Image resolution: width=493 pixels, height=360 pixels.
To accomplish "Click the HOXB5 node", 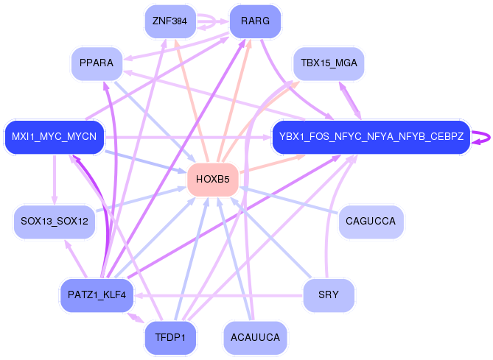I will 213,180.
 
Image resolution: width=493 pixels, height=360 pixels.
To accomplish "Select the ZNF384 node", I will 169,21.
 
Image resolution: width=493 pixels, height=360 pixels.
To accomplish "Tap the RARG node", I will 255,21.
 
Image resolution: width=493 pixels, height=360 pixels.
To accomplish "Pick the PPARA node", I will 97,63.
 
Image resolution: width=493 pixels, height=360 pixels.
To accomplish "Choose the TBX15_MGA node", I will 329,63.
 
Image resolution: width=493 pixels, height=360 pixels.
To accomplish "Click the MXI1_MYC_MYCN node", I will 55,136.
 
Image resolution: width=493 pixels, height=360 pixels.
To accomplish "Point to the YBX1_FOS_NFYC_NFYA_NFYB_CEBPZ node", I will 371,136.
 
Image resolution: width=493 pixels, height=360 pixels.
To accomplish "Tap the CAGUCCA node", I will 371,221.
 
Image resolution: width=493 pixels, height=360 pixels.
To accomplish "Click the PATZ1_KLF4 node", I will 97,295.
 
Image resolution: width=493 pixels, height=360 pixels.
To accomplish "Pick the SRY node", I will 329,295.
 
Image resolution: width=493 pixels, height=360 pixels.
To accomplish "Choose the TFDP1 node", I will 169,337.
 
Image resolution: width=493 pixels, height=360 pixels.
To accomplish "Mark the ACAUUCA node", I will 255,337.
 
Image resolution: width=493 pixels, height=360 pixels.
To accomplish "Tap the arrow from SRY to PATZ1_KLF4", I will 221,295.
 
